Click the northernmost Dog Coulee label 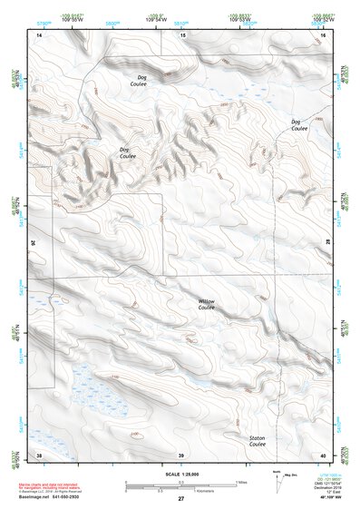[x=142, y=81]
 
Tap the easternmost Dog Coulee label [x=300, y=124]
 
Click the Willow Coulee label [x=207, y=304]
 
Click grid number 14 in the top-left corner [x=39, y=34]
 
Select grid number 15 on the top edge [x=182, y=34]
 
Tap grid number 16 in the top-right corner [x=323, y=34]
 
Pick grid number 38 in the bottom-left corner [x=39, y=454]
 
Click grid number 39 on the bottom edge [x=181, y=454]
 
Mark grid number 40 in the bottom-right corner [x=323, y=454]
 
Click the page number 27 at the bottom [x=181, y=498]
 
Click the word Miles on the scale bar [x=241, y=481]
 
